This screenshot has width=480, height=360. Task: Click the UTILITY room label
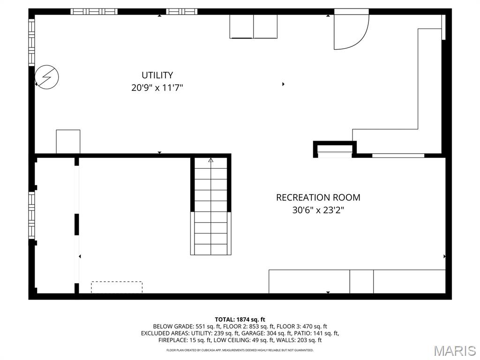[x=157, y=75]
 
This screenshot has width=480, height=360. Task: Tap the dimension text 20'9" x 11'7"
[x=157, y=87]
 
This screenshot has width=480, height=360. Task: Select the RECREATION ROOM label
[x=318, y=197]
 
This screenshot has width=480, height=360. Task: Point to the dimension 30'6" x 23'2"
[x=318, y=210]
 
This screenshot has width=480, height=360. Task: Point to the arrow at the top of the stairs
[x=210, y=160]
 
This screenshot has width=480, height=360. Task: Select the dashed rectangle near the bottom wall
[x=117, y=287]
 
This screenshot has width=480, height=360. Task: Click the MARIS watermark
[x=454, y=350]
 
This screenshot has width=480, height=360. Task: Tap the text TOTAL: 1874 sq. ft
[x=240, y=319]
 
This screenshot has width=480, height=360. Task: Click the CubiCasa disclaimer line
[x=240, y=350]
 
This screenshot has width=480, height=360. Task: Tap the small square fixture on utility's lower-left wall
[x=68, y=141]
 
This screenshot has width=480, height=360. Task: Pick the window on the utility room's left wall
[x=32, y=42]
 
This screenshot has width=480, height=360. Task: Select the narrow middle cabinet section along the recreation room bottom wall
[x=361, y=281]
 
